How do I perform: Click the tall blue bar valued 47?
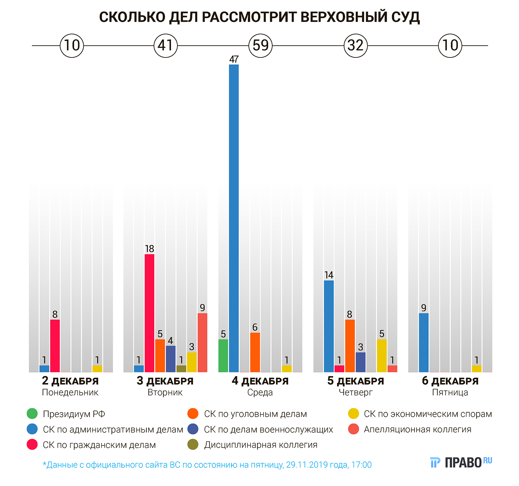coord(234,218)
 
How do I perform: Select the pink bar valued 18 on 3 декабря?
coord(149,313)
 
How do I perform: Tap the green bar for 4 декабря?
coord(223,355)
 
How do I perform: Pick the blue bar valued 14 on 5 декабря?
coord(329,326)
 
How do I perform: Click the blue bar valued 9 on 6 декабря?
coord(424,343)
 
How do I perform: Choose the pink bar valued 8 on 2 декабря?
coord(55,346)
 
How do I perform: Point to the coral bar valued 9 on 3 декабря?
coord(202,343)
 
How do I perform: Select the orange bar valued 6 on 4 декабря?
coord(255,352)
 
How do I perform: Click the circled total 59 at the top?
coord(261,45)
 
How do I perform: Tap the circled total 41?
coord(165,45)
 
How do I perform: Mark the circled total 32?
coord(355,45)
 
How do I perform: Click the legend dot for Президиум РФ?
coord(32,414)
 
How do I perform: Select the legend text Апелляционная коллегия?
coord(417,429)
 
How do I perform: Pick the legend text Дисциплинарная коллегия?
coord(261,445)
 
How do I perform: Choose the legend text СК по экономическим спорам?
coord(428,414)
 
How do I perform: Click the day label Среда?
coord(260,392)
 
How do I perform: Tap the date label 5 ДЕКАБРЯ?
coord(355,381)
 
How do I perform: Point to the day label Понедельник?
coord(70,392)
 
